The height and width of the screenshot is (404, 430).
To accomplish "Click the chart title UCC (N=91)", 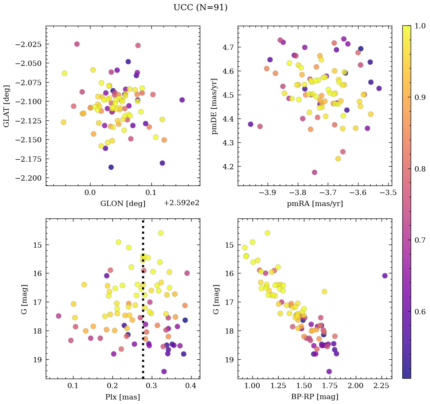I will (200, 8).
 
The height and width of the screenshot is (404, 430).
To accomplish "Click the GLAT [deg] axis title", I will (6, 106).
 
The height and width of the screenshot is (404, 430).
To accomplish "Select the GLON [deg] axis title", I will (123, 204).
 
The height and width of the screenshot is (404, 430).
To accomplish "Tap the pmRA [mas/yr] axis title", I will (315, 204).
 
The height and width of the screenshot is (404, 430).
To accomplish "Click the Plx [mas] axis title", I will (122, 397).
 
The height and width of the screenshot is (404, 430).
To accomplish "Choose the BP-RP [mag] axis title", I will (315, 397).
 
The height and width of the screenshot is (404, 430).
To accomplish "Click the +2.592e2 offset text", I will (181, 203).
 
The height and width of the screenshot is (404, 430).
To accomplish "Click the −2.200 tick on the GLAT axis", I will (28, 178).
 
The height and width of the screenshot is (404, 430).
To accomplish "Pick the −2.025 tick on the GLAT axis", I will (28, 44).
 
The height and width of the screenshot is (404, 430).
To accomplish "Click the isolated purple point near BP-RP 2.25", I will (385, 276).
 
